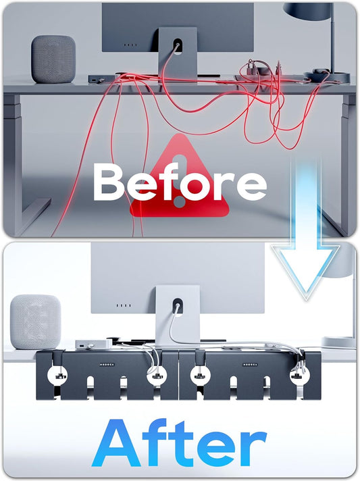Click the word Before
[x=180, y=182]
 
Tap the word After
[x=179, y=442]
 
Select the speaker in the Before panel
[x=53, y=59]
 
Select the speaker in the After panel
[x=36, y=322]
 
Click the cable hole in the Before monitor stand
[x=177, y=47]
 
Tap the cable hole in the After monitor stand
[x=177, y=306]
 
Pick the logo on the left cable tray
[x=107, y=365]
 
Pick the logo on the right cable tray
[x=250, y=365]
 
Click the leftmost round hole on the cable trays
[x=57, y=375]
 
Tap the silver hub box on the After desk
[x=93, y=344]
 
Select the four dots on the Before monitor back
[x=130, y=45]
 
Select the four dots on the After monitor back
[x=124, y=305]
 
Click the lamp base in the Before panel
[x=327, y=77]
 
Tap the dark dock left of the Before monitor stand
[x=102, y=79]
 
